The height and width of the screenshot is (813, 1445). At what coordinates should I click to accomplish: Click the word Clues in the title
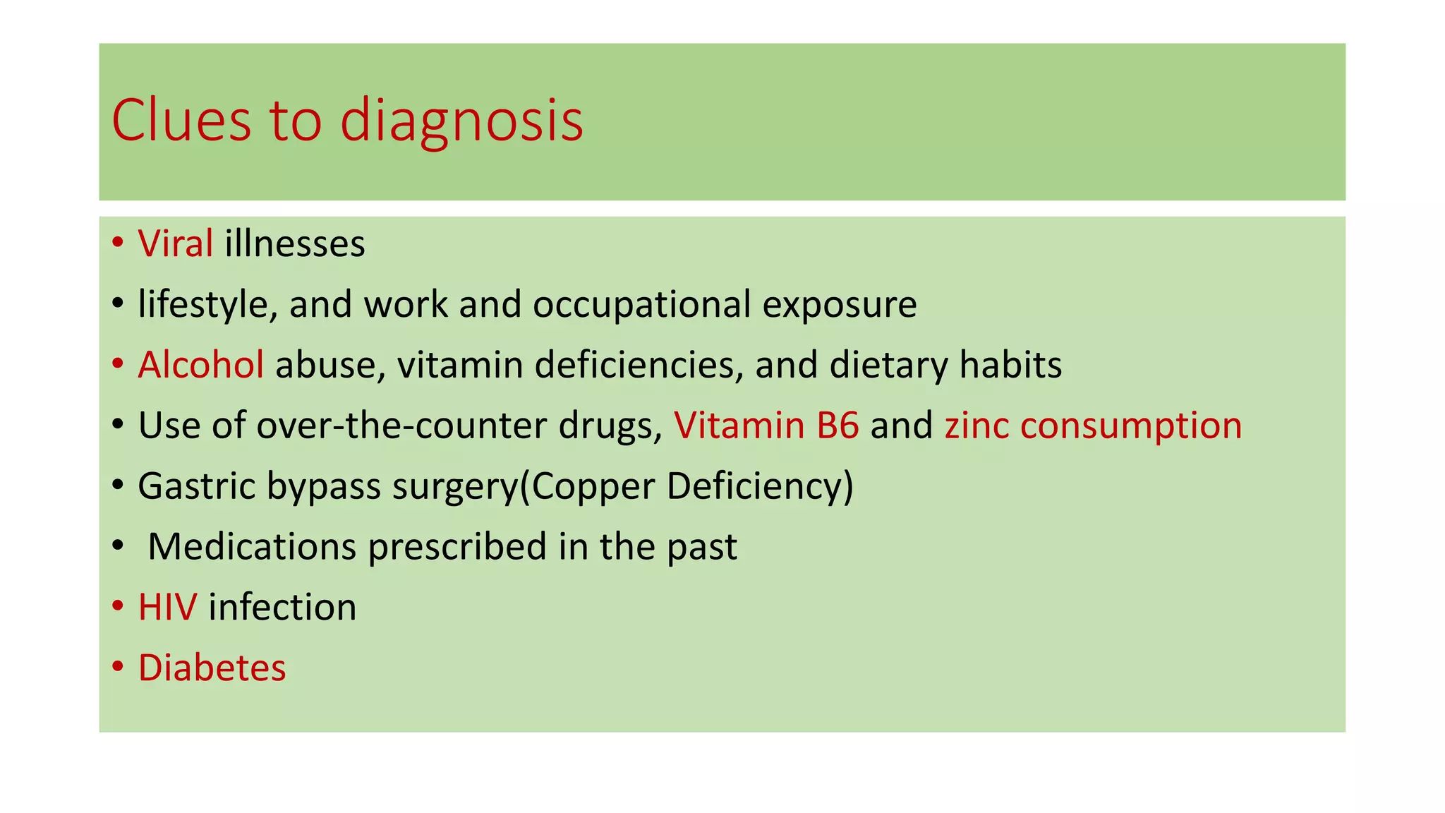(x=181, y=121)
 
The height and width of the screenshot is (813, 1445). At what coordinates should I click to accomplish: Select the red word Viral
(x=176, y=244)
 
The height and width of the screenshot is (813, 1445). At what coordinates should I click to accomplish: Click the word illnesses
(x=295, y=244)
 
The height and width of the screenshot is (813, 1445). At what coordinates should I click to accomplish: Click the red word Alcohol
(x=201, y=365)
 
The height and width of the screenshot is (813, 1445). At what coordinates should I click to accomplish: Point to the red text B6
(x=838, y=426)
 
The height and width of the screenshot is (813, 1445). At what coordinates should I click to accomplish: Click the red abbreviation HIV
(x=167, y=607)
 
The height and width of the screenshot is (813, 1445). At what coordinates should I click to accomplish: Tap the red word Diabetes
(x=212, y=668)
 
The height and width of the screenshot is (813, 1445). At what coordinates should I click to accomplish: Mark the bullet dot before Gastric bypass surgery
(x=118, y=486)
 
